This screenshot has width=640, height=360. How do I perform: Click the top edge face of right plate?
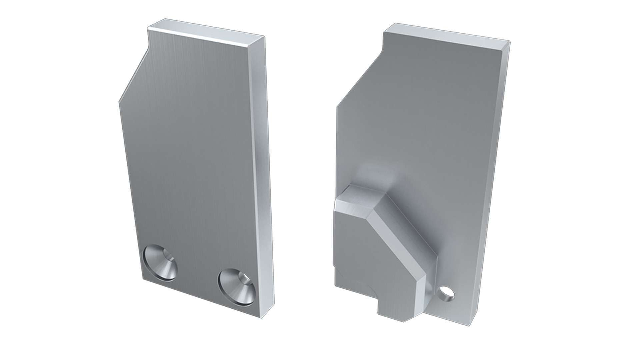447,35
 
